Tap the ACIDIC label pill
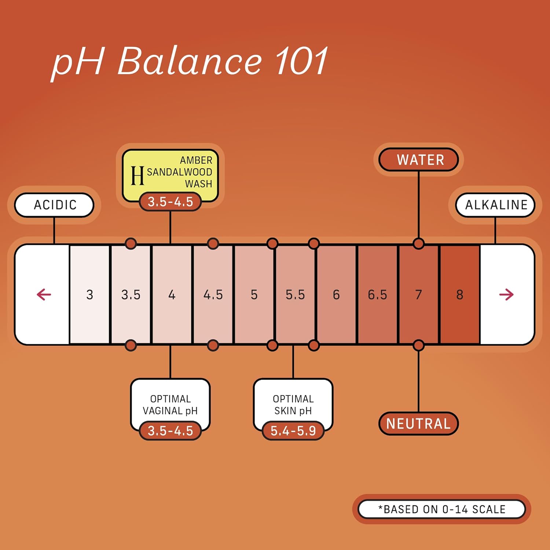[54, 205]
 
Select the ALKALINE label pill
[495, 205]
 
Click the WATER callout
[419, 160]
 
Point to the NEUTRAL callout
[418, 423]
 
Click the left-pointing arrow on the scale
[44, 294]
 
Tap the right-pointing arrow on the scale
[506, 294]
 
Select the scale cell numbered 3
[89, 294]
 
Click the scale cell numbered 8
[459, 294]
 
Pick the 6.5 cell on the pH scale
[377, 294]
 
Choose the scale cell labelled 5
[254, 294]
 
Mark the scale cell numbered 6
[336, 294]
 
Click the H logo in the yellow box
[137, 175]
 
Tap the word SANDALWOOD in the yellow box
[179, 172]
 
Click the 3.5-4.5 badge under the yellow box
[170, 202]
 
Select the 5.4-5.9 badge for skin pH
[293, 431]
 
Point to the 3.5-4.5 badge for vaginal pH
[170, 431]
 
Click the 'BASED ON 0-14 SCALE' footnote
[442, 509]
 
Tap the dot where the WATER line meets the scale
[418, 243]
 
